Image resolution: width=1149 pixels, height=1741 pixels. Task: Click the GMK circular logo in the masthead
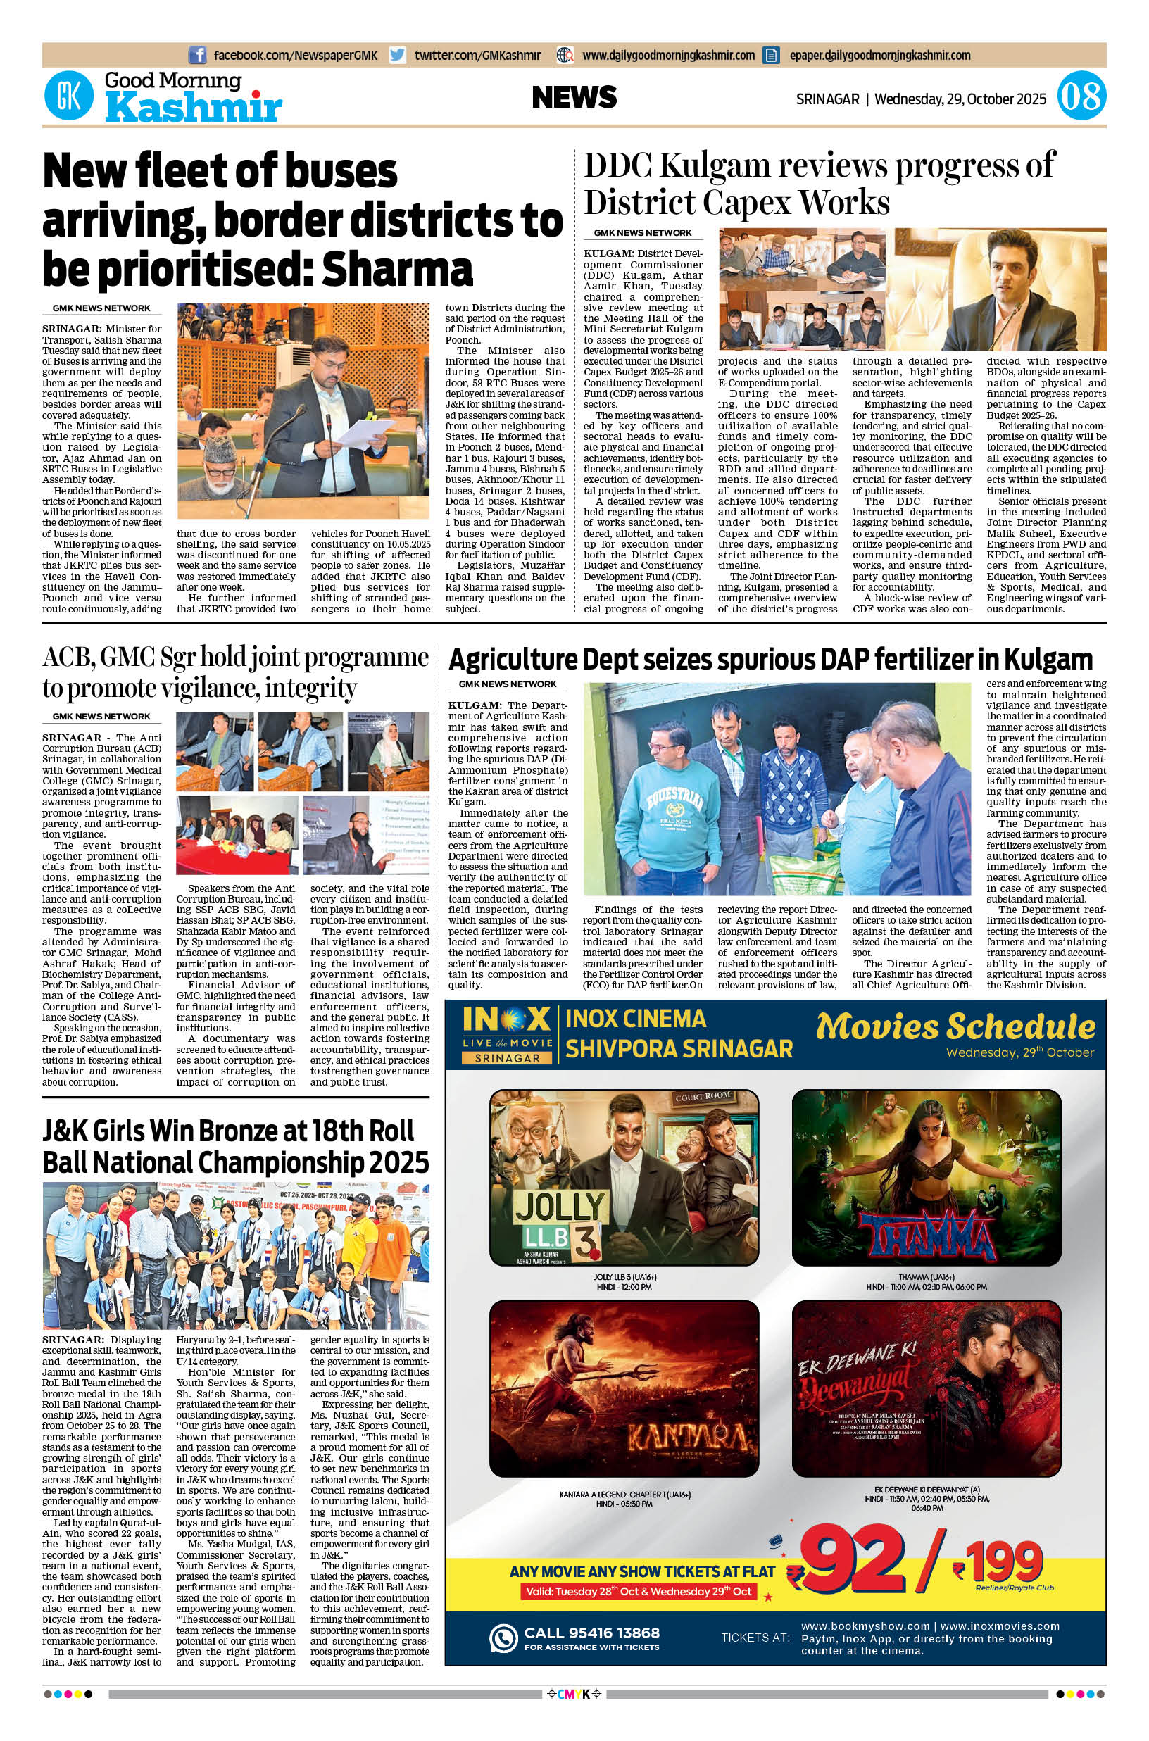[70, 96]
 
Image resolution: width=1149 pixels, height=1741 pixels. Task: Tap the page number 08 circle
[1081, 97]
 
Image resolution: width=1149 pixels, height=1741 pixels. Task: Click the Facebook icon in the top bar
[197, 55]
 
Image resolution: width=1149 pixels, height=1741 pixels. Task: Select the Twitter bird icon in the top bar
[397, 55]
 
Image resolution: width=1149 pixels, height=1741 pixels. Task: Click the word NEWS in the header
[574, 97]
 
